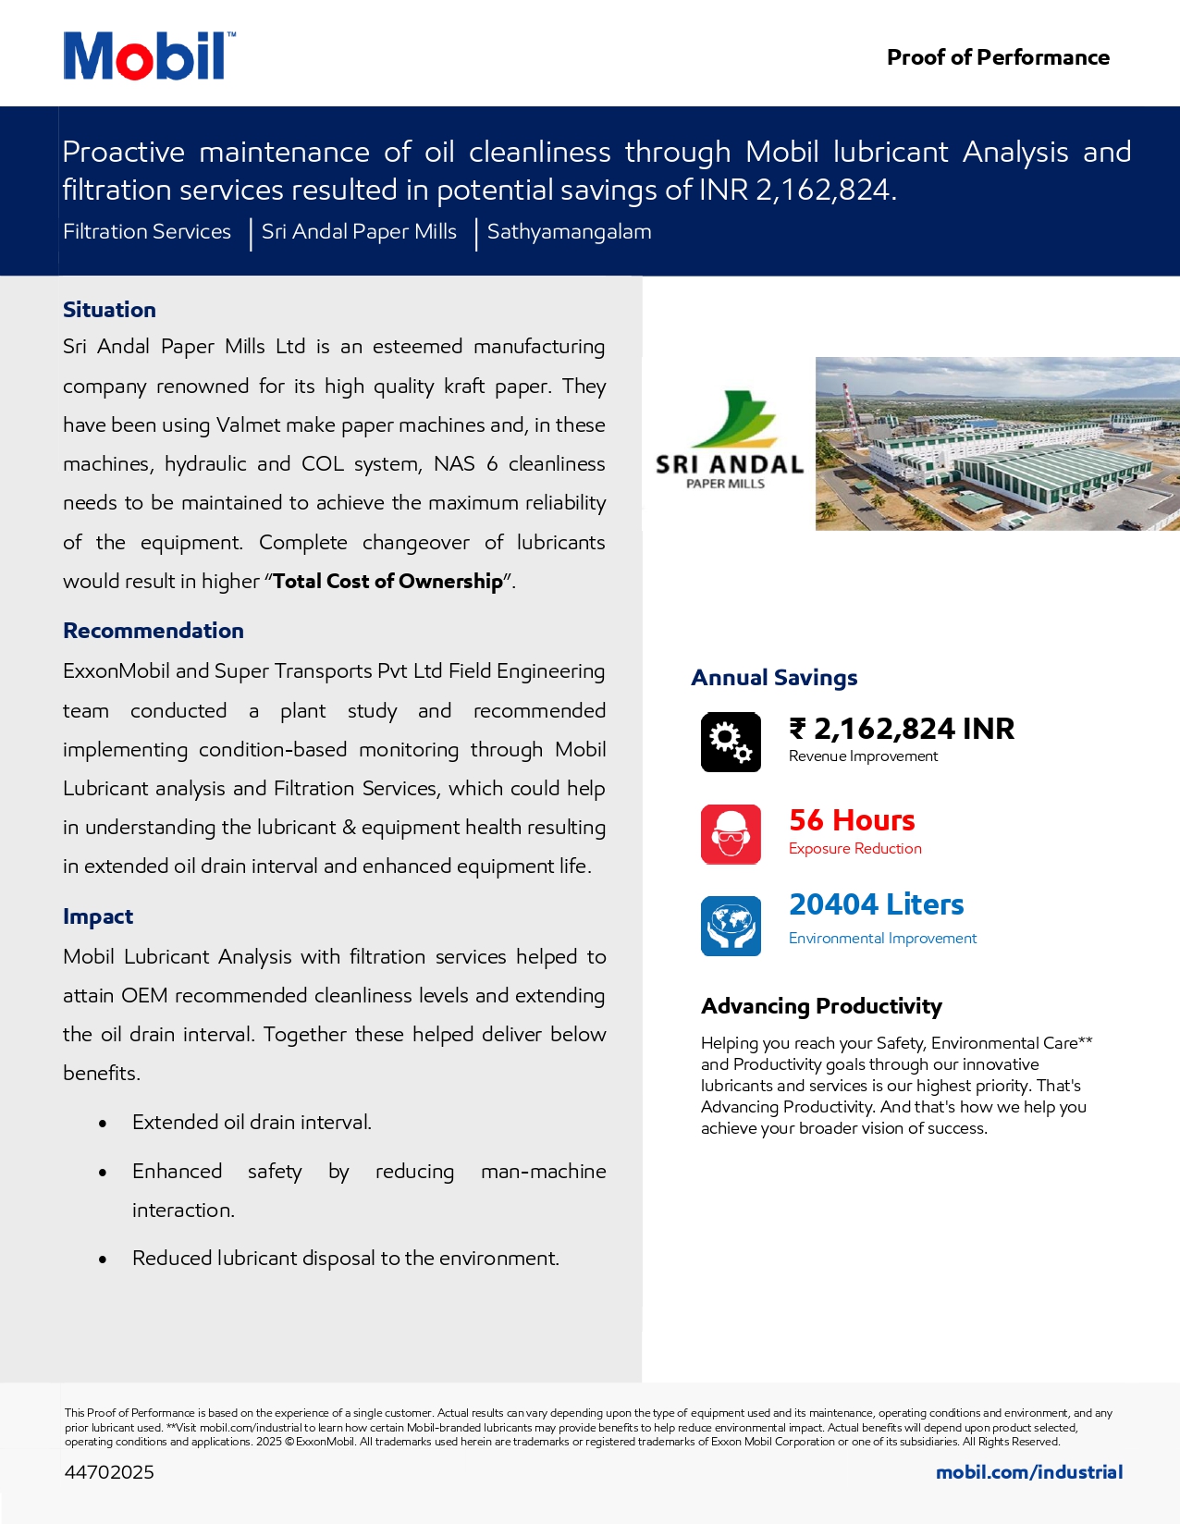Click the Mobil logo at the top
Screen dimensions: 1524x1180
coord(148,56)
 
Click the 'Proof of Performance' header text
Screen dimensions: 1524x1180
coord(997,57)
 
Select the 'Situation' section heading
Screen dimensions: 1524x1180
coord(109,310)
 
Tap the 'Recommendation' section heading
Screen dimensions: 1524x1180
coord(154,631)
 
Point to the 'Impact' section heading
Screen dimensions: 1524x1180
coord(98,916)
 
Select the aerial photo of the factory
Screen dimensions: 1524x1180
coord(997,444)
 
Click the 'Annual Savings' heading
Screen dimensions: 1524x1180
coord(774,678)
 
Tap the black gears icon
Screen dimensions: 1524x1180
coord(731,742)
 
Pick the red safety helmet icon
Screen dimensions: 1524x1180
coord(731,834)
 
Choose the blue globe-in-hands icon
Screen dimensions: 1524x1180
coord(731,926)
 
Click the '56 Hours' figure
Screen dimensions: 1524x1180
coord(852,820)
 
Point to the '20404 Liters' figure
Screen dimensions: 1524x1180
coord(876,904)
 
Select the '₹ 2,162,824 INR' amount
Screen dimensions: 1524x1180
coord(902,729)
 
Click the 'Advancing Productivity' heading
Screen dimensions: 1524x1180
coord(821,1006)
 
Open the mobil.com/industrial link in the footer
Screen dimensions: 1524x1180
coord(1028,1472)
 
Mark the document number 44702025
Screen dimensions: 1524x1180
coord(109,1472)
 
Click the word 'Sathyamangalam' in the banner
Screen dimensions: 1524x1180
coord(569,232)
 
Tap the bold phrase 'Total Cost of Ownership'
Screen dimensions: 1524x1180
coord(387,582)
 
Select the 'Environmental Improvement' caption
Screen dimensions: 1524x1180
coord(882,939)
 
